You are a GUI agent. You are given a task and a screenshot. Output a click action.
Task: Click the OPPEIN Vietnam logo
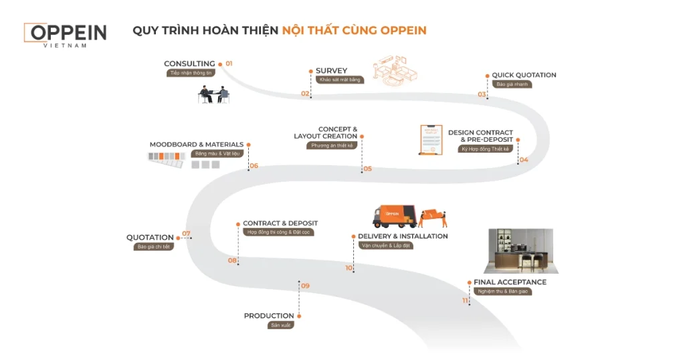(65, 34)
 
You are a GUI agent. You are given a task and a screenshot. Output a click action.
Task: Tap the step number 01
(229, 64)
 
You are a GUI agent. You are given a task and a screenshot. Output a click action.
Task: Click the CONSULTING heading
(189, 64)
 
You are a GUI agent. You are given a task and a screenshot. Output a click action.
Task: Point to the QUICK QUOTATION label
(524, 75)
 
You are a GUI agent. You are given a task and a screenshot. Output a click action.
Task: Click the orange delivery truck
(395, 215)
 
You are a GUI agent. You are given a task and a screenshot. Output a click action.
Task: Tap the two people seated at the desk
(214, 95)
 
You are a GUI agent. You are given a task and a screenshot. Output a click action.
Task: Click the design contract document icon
(431, 139)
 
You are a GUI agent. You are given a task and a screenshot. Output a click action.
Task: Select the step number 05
(368, 169)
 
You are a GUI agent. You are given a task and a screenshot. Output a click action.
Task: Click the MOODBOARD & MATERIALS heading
(196, 145)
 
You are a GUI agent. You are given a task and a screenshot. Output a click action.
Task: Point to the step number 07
(186, 234)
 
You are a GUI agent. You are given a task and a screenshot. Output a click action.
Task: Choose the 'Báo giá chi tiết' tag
(153, 247)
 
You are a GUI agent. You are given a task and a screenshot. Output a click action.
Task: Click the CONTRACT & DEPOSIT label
(280, 223)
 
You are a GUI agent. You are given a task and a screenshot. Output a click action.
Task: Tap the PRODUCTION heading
(269, 316)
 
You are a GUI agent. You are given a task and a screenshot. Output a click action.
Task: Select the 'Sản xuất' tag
(281, 325)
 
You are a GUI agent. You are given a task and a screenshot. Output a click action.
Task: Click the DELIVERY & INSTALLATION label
(403, 236)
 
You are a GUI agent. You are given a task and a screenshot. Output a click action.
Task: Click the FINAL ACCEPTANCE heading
(510, 282)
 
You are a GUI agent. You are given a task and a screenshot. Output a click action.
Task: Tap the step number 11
(465, 300)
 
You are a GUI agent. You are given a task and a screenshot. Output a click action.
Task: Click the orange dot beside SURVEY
(310, 71)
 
